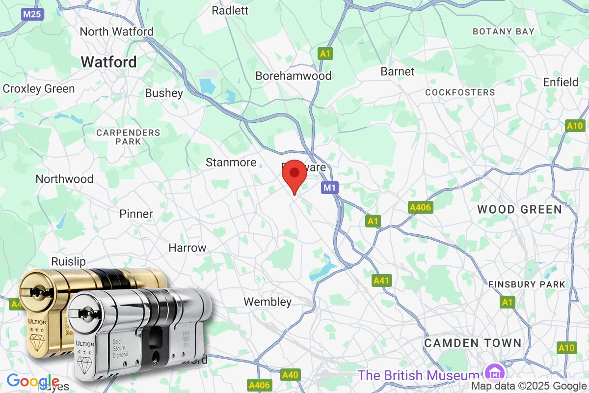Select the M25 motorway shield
pyautogui.click(x=32, y=14)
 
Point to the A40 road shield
pyautogui.click(x=290, y=375)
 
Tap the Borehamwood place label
pyautogui.click(x=294, y=76)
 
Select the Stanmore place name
pyautogui.click(x=231, y=162)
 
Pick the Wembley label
pyautogui.click(x=268, y=302)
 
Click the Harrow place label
pyautogui.click(x=187, y=248)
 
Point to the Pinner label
pyautogui.click(x=136, y=214)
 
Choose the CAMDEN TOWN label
pyautogui.click(x=473, y=343)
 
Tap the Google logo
pyautogui.click(x=33, y=381)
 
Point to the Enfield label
pyautogui.click(x=561, y=82)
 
